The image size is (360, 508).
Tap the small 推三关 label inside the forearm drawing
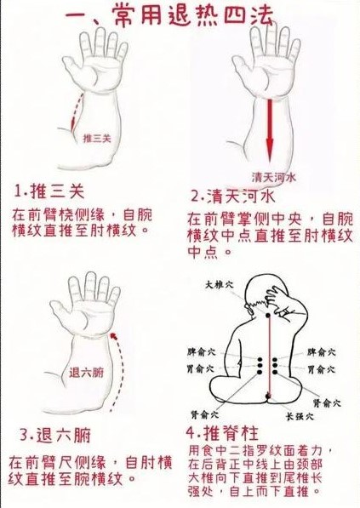click(x=97, y=139)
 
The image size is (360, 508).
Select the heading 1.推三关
click(x=49, y=191)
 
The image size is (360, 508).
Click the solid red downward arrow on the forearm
click(x=270, y=130)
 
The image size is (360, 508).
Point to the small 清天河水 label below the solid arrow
click(x=274, y=177)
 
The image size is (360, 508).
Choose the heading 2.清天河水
click(x=233, y=197)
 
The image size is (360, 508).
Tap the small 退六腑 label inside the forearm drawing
click(x=86, y=372)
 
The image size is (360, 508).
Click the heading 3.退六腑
click(x=55, y=435)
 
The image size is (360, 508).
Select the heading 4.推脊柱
click(x=222, y=433)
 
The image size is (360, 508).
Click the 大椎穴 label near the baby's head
click(x=220, y=285)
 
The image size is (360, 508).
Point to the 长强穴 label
click(x=300, y=416)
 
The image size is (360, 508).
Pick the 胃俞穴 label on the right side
click(x=321, y=368)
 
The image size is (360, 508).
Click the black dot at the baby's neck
click(x=267, y=315)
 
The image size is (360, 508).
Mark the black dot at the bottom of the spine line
click(x=267, y=396)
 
